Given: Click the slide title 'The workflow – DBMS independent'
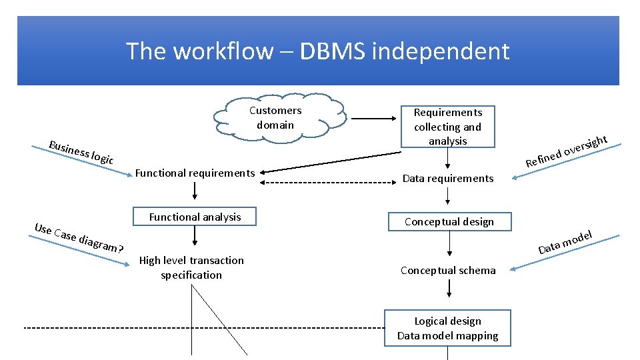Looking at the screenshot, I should (x=317, y=51).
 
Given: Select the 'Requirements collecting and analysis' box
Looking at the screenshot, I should (x=447, y=126).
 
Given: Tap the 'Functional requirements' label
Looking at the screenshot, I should (x=195, y=173).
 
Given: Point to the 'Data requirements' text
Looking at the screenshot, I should (x=448, y=178).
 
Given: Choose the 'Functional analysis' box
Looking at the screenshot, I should (x=195, y=217).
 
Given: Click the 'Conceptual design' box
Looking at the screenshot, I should (x=449, y=221).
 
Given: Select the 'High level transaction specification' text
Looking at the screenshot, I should (x=191, y=267).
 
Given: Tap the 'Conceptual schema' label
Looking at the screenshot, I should (x=448, y=270).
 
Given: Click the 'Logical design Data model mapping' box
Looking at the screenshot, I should (x=447, y=328).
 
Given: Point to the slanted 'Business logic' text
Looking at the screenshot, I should (x=81, y=151).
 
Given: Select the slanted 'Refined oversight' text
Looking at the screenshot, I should (x=566, y=151).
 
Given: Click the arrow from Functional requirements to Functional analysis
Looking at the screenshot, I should (x=195, y=191).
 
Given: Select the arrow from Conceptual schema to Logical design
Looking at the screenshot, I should (x=449, y=288).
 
